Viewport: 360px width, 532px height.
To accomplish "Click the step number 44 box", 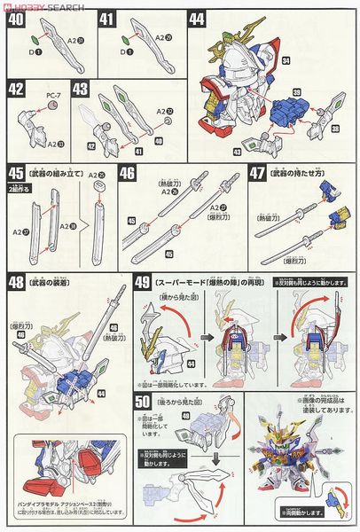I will point(197,18).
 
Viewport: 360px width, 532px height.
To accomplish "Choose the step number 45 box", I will point(16,172).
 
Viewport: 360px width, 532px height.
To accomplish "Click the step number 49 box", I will point(145,284).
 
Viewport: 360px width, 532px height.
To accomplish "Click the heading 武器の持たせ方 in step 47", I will point(303,172).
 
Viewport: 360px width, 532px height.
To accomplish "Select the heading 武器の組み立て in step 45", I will point(59,172).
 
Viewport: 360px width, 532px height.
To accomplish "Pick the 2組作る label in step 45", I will point(19,188).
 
